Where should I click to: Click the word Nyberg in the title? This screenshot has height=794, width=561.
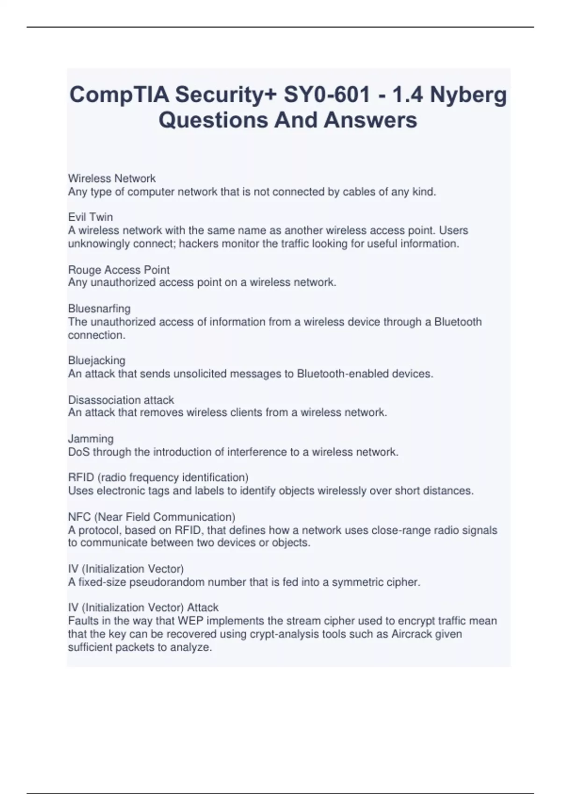point(468,96)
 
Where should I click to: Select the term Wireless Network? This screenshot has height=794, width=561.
point(112,178)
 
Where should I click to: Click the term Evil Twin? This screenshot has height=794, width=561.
point(90,217)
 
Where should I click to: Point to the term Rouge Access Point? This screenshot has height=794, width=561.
point(119,269)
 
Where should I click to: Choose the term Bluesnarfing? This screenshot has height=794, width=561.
point(99,308)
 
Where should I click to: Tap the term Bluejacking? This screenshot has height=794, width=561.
point(97,361)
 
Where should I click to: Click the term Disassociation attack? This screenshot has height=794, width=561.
point(121,400)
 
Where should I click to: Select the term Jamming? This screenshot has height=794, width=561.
point(91,439)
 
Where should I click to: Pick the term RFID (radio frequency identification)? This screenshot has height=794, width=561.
point(158,477)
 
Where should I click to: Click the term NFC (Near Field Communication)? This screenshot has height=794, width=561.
point(151,517)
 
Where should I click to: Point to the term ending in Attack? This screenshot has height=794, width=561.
point(143,608)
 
